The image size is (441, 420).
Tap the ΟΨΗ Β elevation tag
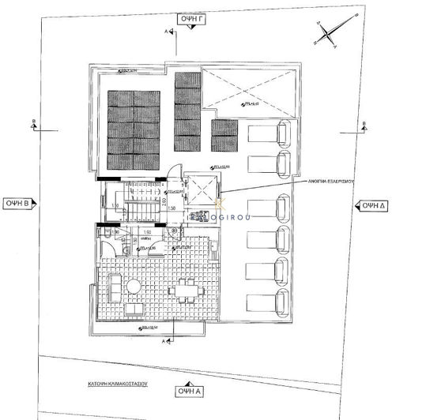[18, 203]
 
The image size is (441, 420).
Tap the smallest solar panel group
[224, 135]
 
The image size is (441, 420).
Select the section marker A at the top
[167, 32]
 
